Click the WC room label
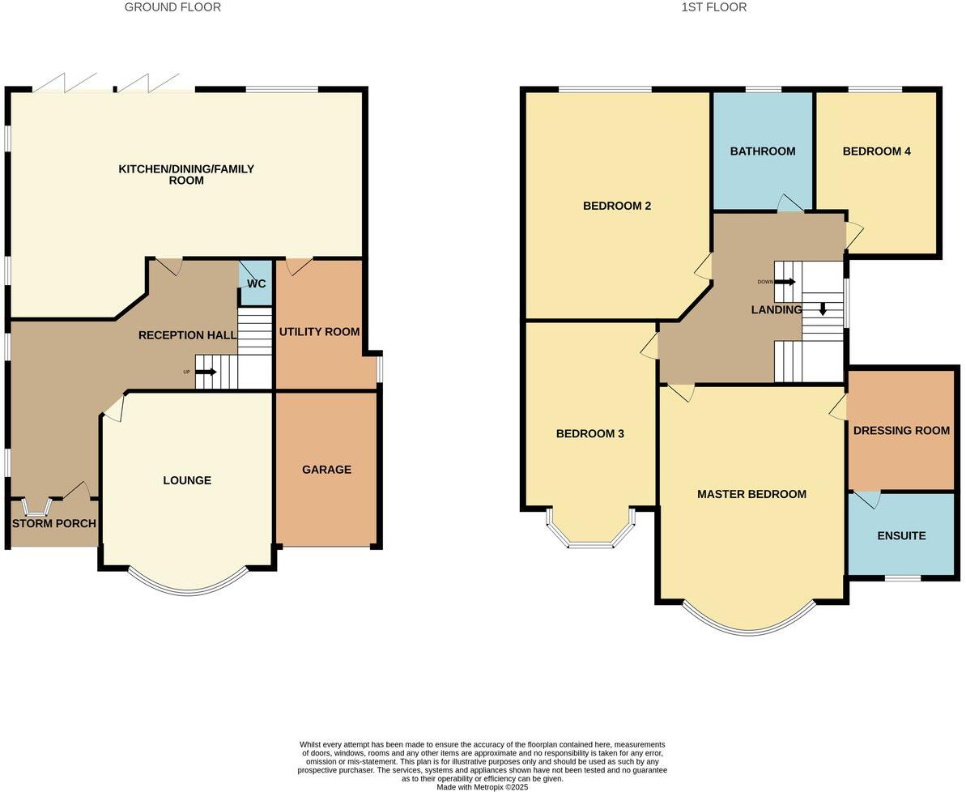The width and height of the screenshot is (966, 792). (x=257, y=284)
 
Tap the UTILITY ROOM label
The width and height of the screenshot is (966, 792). (x=319, y=332)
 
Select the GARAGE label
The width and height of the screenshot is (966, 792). (x=326, y=470)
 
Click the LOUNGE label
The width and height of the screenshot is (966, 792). (x=187, y=480)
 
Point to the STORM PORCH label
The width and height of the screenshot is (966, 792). (x=53, y=524)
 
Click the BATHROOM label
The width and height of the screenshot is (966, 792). (x=762, y=151)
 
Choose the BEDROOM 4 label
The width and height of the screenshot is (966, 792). (x=876, y=151)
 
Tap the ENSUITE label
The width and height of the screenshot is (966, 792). (x=901, y=536)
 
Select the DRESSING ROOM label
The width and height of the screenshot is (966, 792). (x=901, y=431)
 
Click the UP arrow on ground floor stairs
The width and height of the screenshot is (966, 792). (x=206, y=373)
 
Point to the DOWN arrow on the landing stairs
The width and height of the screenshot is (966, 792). (x=785, y=282)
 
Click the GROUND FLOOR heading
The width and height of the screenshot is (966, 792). (x=172, y=7)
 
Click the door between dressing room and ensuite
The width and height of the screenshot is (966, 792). (x=867, y=498)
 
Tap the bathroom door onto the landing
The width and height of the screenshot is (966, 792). (x=788, y=204)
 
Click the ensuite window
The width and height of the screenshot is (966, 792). (x=902, y=578)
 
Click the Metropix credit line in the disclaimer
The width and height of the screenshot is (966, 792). (x=482, y=786)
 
